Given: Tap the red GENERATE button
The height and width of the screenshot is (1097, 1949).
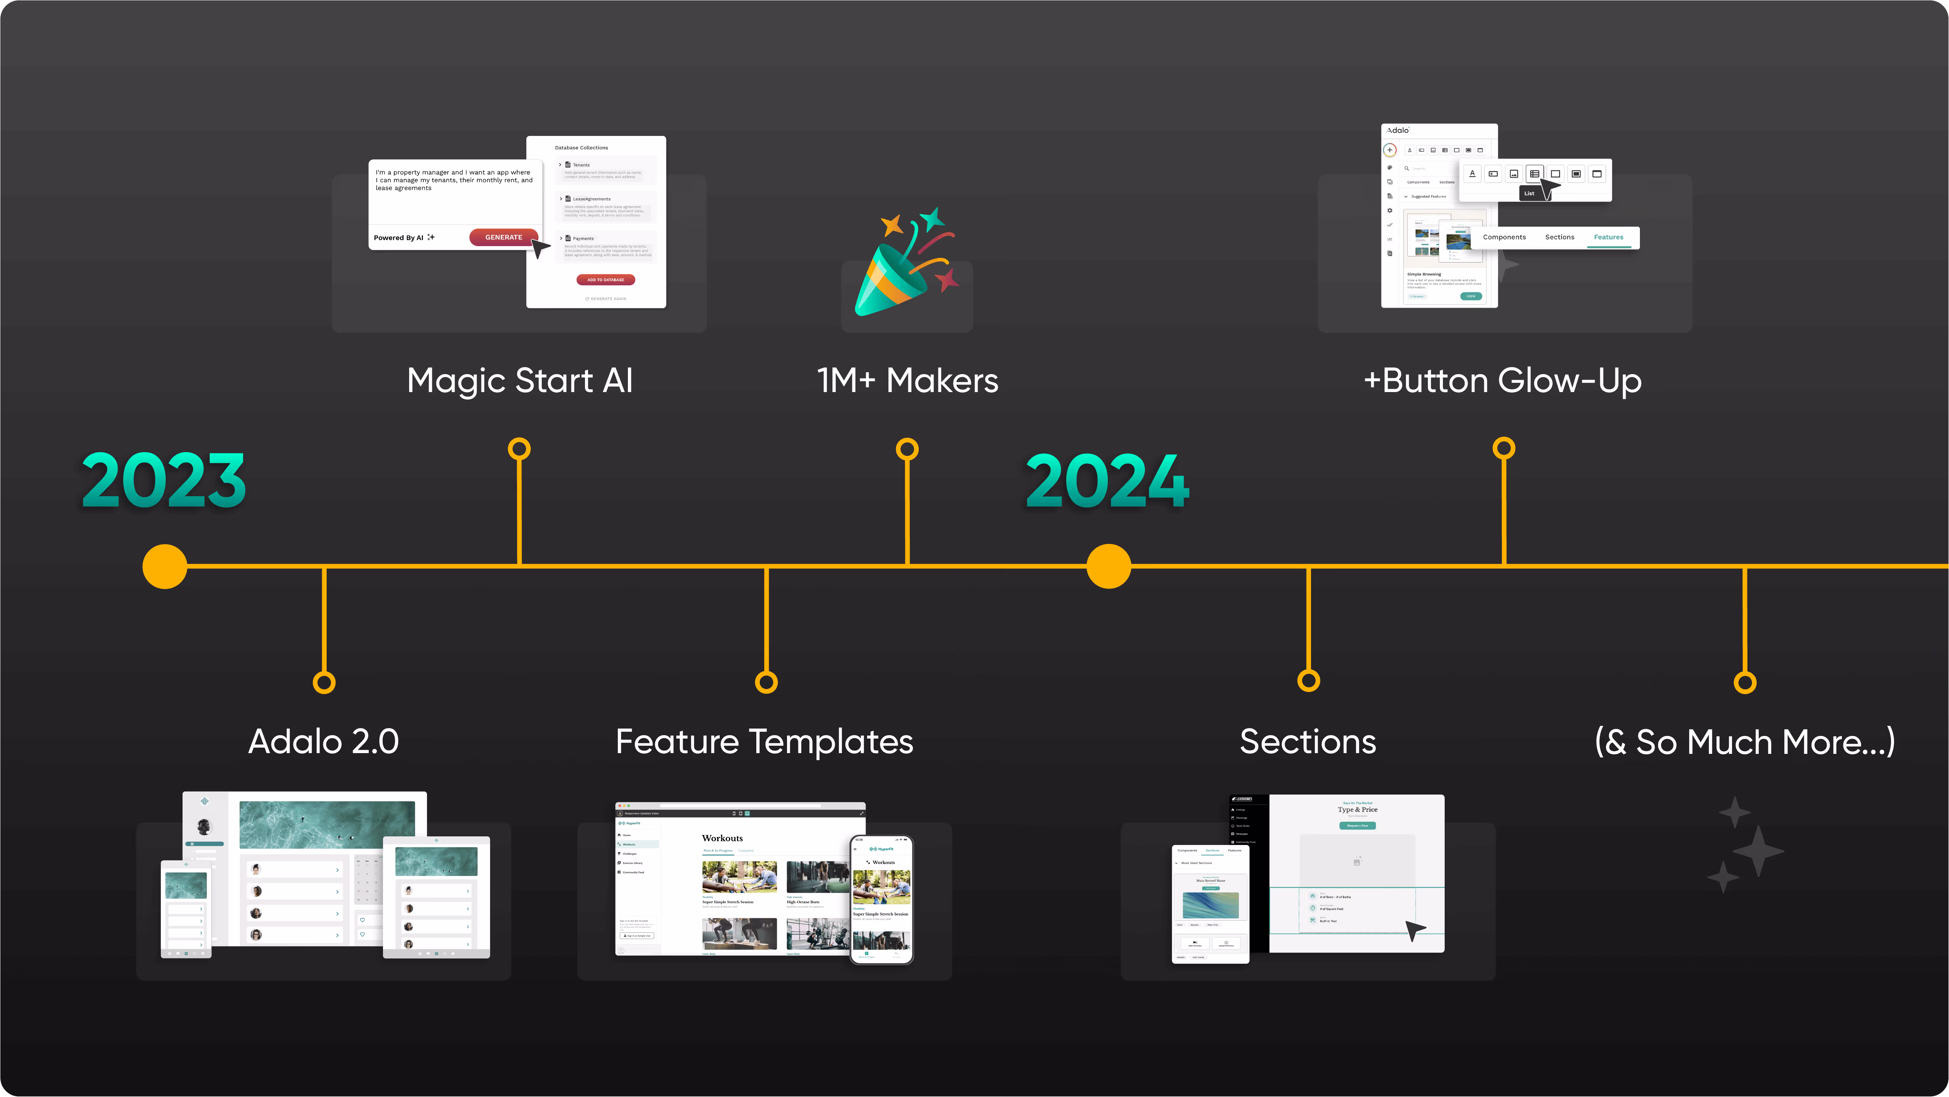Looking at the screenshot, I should pyautogui.click(x=503, y=237).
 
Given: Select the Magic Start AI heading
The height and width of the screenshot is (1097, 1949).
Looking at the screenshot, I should pyautogui.click(x=520, y=380).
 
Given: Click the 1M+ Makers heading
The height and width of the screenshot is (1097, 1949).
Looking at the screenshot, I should pyautogui.click(x=907, y=380).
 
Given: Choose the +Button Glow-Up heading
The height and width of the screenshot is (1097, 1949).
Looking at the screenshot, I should pyautogui.click(x=1503, y=380).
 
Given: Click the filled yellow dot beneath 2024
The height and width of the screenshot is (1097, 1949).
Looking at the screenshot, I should pyautogui.click(x=1108, y=566).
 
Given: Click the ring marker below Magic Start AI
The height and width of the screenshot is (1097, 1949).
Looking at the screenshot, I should pyautogui.click(x=519, y=449).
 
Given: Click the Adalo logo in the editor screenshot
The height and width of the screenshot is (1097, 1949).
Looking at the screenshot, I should pyautogui.click(x=1397, y=130).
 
